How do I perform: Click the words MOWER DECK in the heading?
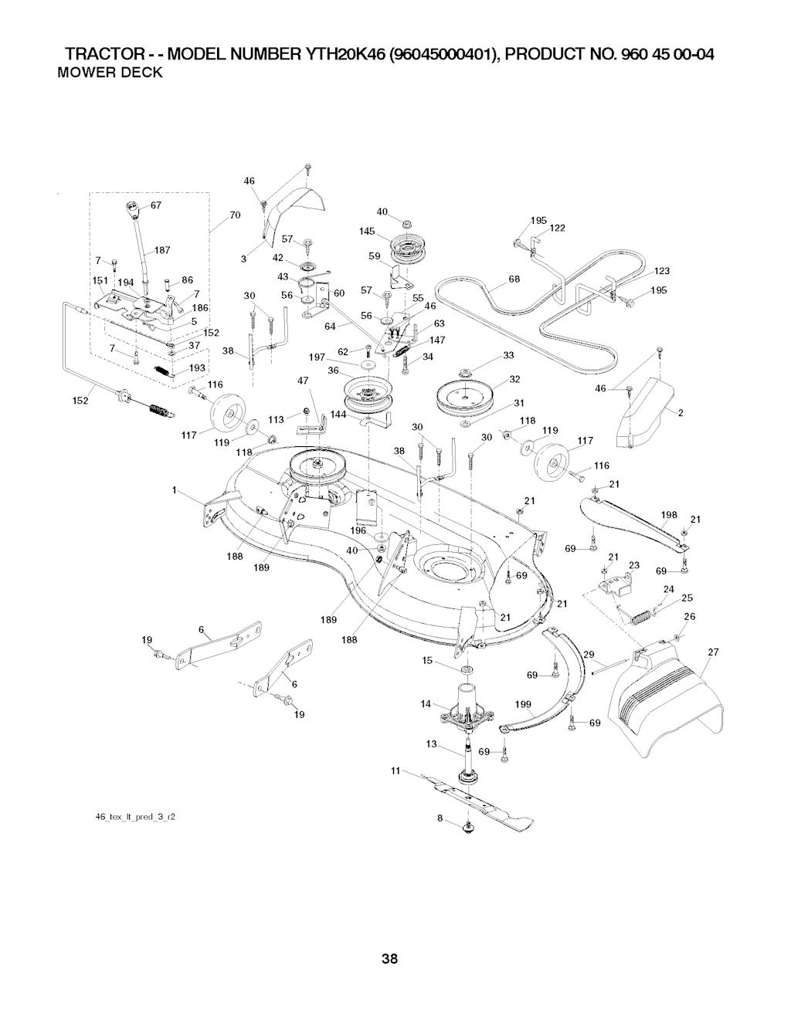click(110, 73)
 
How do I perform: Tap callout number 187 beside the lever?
click(161, 250)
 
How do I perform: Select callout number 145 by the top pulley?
click(367, 231)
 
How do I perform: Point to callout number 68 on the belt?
click(514, 279)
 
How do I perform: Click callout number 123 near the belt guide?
click(661, 270)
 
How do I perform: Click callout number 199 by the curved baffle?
click(524, 705)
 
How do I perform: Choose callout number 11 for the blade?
click(395, 770)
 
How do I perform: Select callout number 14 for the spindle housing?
click(425, 703)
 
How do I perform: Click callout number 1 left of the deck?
click(176, 490)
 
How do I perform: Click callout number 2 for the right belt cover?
click(681, 413)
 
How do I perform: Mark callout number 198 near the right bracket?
click(669, 514)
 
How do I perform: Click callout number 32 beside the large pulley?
click(514, 379)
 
